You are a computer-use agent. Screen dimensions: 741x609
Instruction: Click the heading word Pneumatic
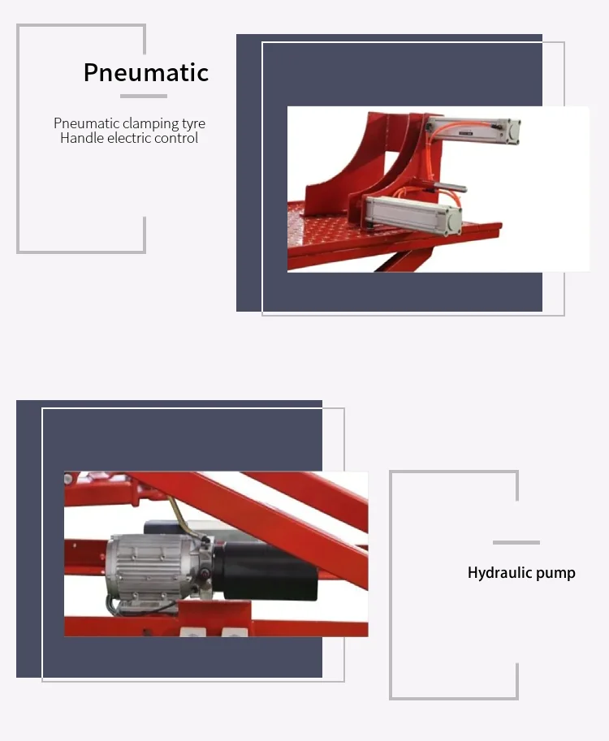click(146, 72)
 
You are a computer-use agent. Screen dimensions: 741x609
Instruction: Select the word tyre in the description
click(193, 123)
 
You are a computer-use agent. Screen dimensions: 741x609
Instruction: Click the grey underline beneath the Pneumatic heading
click(144, 96)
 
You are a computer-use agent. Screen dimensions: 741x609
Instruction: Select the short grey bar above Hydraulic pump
click(516, 542)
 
